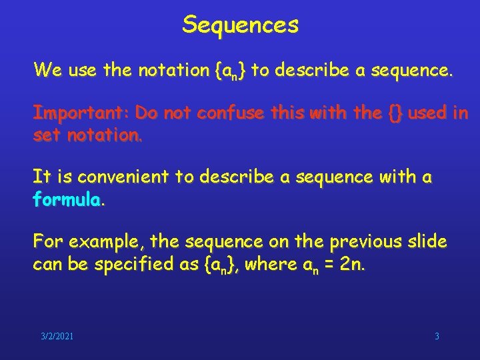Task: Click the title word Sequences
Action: [x=240, y=25]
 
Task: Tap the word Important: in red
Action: [x=81, y=113]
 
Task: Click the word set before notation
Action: [x=46, y=137]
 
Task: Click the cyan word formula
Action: [x=67, y=200]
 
